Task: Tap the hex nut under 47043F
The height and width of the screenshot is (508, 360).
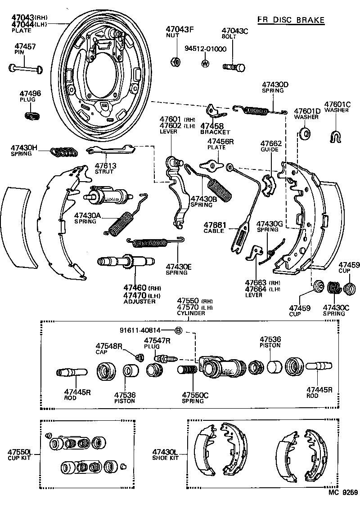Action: [176, 62]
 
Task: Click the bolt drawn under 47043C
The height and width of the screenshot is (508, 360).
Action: [234, 67]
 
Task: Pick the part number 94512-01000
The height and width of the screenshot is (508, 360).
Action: [206, 49]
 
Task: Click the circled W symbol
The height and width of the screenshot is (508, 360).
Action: [205, 63]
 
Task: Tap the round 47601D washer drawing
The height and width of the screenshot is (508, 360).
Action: [305, 133]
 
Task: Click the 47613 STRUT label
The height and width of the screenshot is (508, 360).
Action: [105, 169]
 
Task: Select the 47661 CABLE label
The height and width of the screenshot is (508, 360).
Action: [214, 227]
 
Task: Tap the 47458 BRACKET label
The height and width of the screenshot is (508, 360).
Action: [215, 129]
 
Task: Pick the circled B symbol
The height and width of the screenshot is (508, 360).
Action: [178, 330]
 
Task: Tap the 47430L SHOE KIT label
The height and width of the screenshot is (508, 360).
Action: [165, 454]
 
